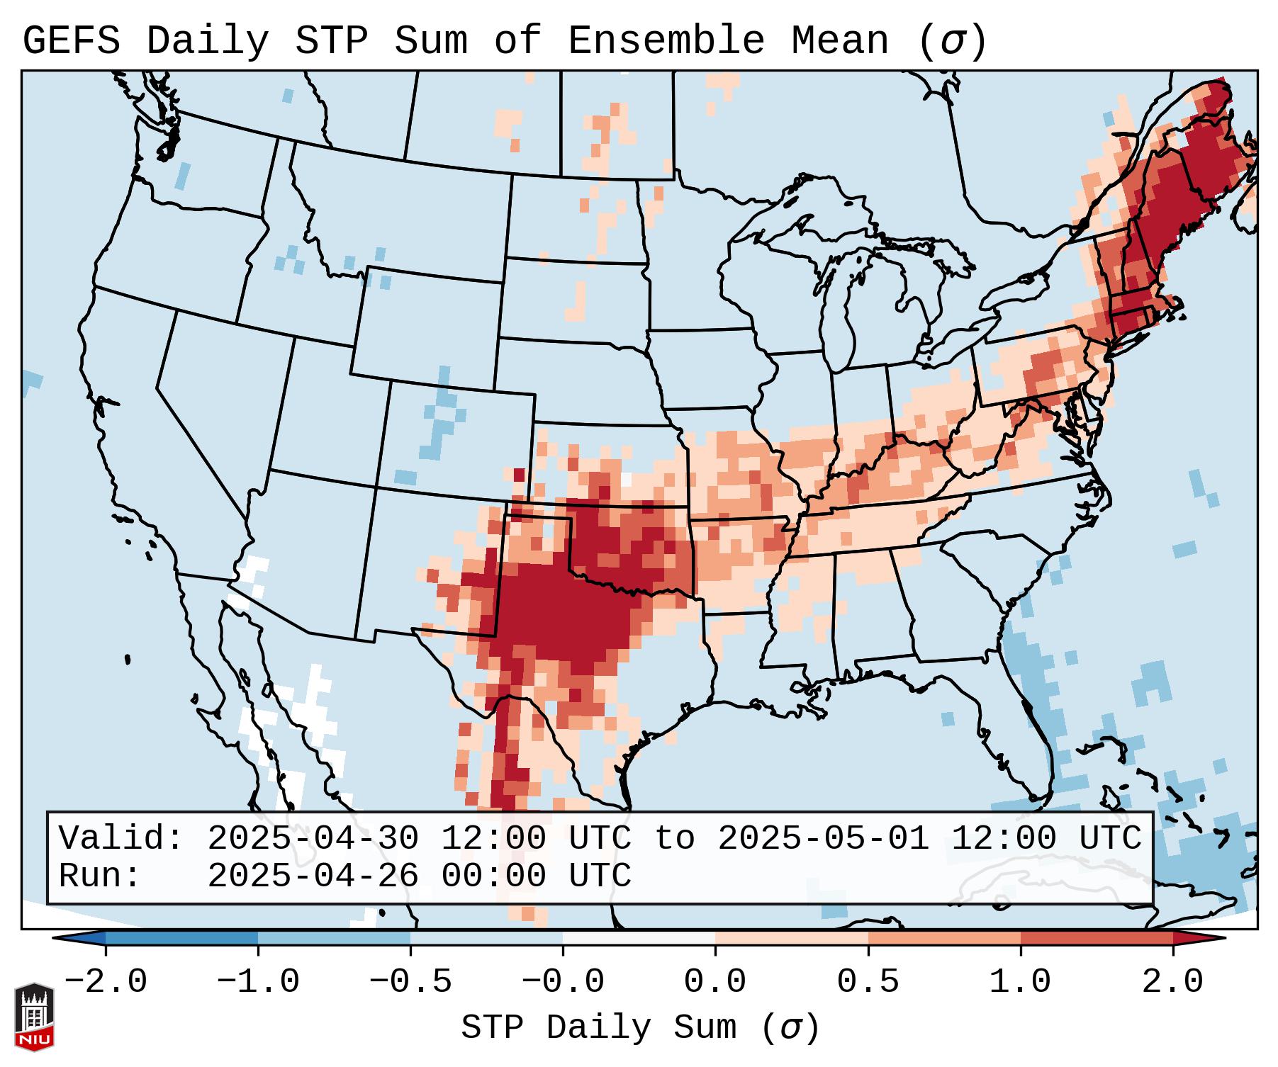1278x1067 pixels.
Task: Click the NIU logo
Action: tap(34, 1016)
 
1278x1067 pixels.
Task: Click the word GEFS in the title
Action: tap(71, 41)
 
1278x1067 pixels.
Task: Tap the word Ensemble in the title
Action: tap(666, 41)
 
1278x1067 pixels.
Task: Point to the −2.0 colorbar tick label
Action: tap(106, 982)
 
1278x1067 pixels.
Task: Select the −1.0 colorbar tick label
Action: tap(258, 982)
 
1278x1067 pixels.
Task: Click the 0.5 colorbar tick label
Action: tap(868, 982)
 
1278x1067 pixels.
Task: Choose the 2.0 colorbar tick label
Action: tap(1172, 982)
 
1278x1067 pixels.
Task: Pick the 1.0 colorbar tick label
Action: tap(1020, 982)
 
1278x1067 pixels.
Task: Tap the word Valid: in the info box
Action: tap(121, 838)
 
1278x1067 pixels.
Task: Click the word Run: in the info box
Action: tap(100, 876)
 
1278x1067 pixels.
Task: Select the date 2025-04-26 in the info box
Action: tap(313, 876)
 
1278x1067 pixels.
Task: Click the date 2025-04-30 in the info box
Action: tap(313, 838)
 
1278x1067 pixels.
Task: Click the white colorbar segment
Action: tap(639, 938)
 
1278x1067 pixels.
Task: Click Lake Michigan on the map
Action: tap(843, 305)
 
